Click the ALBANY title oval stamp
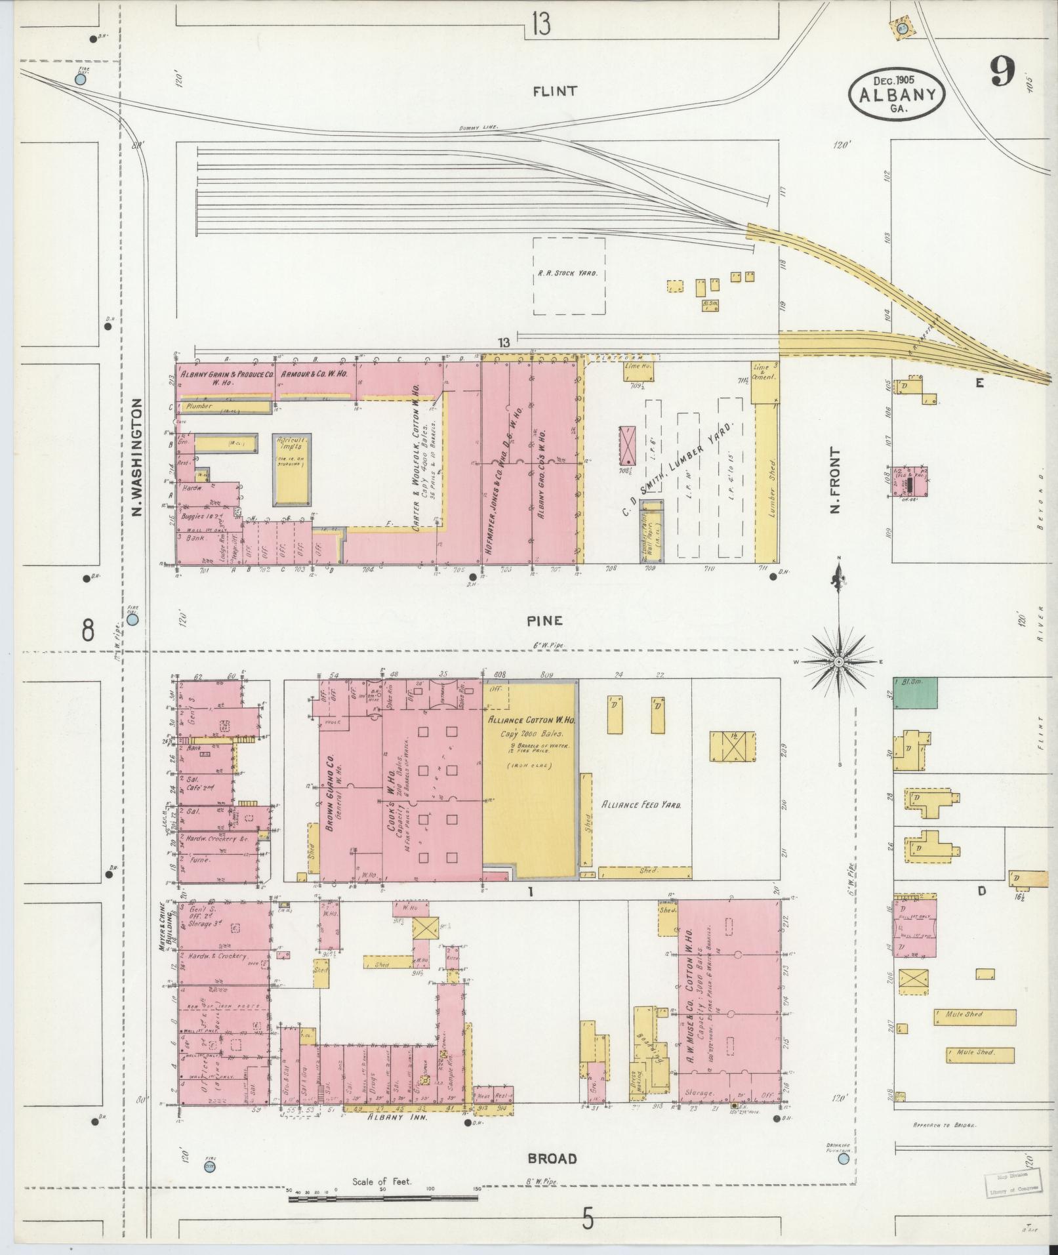(897, 93)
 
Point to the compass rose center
(839, 663)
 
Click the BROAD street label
(552, 699)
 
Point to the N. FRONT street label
(834, 480)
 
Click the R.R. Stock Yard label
(567, 272)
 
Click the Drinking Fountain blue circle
(843, 701)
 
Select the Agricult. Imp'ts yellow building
(292, 470)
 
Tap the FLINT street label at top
(555, 91)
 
